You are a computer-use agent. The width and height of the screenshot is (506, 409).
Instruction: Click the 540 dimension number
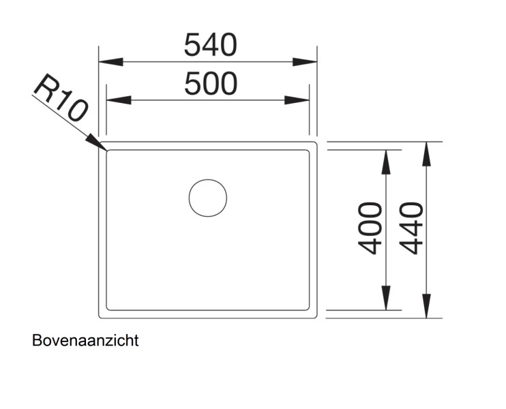[x=211, y=45]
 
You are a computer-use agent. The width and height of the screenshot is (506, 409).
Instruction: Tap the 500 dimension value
[x=211, y=84]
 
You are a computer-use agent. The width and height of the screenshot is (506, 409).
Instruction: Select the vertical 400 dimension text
[x=370, y=228]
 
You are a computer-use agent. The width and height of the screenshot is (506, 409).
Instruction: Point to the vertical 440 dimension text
[x=411, y=228]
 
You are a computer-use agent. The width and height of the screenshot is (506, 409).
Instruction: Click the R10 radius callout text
[x=60, y=97]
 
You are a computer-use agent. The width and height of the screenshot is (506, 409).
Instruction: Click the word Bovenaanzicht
[x=85, y=341]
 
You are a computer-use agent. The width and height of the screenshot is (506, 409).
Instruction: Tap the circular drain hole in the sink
[x=208, y=198]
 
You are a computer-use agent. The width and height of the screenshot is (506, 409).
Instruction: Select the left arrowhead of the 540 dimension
[x=110, y=62]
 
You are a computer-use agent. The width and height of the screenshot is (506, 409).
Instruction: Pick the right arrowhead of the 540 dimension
[x=305, y=62]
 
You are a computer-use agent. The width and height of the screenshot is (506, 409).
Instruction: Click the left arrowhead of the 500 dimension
[x=119, y=100]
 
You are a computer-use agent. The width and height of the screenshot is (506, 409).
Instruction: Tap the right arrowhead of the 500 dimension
[x=297, y=100]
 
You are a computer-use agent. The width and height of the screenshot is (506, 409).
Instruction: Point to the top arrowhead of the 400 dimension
[x=385, y=162]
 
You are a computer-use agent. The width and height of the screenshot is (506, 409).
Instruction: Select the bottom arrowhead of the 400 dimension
[x=385, y=298]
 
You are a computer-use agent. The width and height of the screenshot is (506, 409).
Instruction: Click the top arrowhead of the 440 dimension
[x=426, y=154]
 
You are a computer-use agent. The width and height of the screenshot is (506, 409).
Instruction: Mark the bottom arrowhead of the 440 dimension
[x=426, y=306]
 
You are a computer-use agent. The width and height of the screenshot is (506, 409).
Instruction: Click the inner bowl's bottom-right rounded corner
[x=308, y=309]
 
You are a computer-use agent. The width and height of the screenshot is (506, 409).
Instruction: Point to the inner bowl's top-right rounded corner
[x=308, y=151]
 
